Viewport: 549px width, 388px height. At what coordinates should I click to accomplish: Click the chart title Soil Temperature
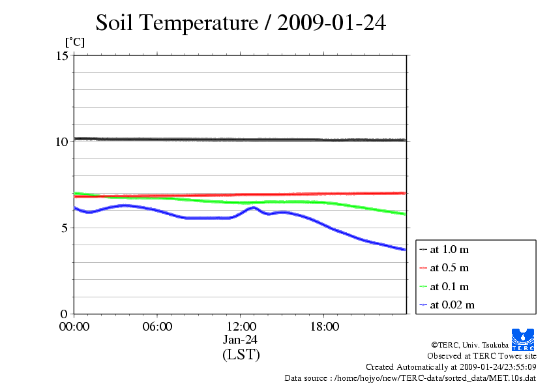tap(176, 23)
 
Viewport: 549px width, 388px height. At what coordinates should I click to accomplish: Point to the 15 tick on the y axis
tap(63, 56)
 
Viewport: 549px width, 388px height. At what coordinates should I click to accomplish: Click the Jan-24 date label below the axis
tap(241, 340)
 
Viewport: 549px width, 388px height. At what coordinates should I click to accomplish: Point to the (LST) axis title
tap(241, 355)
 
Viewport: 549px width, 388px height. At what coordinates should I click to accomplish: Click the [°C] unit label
tap(74, 42)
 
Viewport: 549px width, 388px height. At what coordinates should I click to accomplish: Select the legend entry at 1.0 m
tap(449, 249)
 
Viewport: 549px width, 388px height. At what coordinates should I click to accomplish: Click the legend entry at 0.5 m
tap(449, 268)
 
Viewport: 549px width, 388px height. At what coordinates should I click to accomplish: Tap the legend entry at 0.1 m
tap(449, 286)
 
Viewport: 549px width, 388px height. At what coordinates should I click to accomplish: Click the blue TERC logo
tap(523, 339)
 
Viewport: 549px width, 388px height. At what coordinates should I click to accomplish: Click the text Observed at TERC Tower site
tap(482, 356)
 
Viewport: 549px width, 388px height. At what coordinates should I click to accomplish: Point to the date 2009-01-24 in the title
tap(332, 23)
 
